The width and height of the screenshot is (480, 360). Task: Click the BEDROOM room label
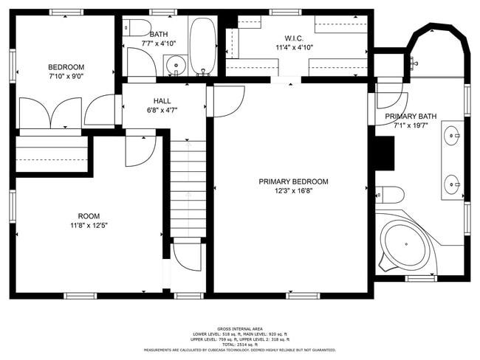click(x=66, y=67)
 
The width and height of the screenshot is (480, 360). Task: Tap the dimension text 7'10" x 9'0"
click(x=66, y=77)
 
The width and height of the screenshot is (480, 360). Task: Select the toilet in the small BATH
click(x=135, y=29)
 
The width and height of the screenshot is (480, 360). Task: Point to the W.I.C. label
click(x=293, y=38)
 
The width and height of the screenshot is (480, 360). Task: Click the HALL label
click(x=162, y=100)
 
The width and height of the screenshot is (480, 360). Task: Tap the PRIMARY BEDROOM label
click(x=293, y=181)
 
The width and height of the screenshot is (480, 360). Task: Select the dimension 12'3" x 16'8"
click(x=293, y=191)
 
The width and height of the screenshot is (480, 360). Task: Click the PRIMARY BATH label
click(x=411, y=117)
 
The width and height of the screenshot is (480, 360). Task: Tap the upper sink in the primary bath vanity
click(x=451, y=136)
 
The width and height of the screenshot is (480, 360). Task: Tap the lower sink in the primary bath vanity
click(x=451, y=181)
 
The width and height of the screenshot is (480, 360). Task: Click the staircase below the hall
click(x=188, y=188)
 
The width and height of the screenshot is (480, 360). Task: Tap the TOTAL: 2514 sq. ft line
click(x=239, y=345)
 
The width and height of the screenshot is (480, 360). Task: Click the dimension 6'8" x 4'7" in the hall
click(x=162, y=110)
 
